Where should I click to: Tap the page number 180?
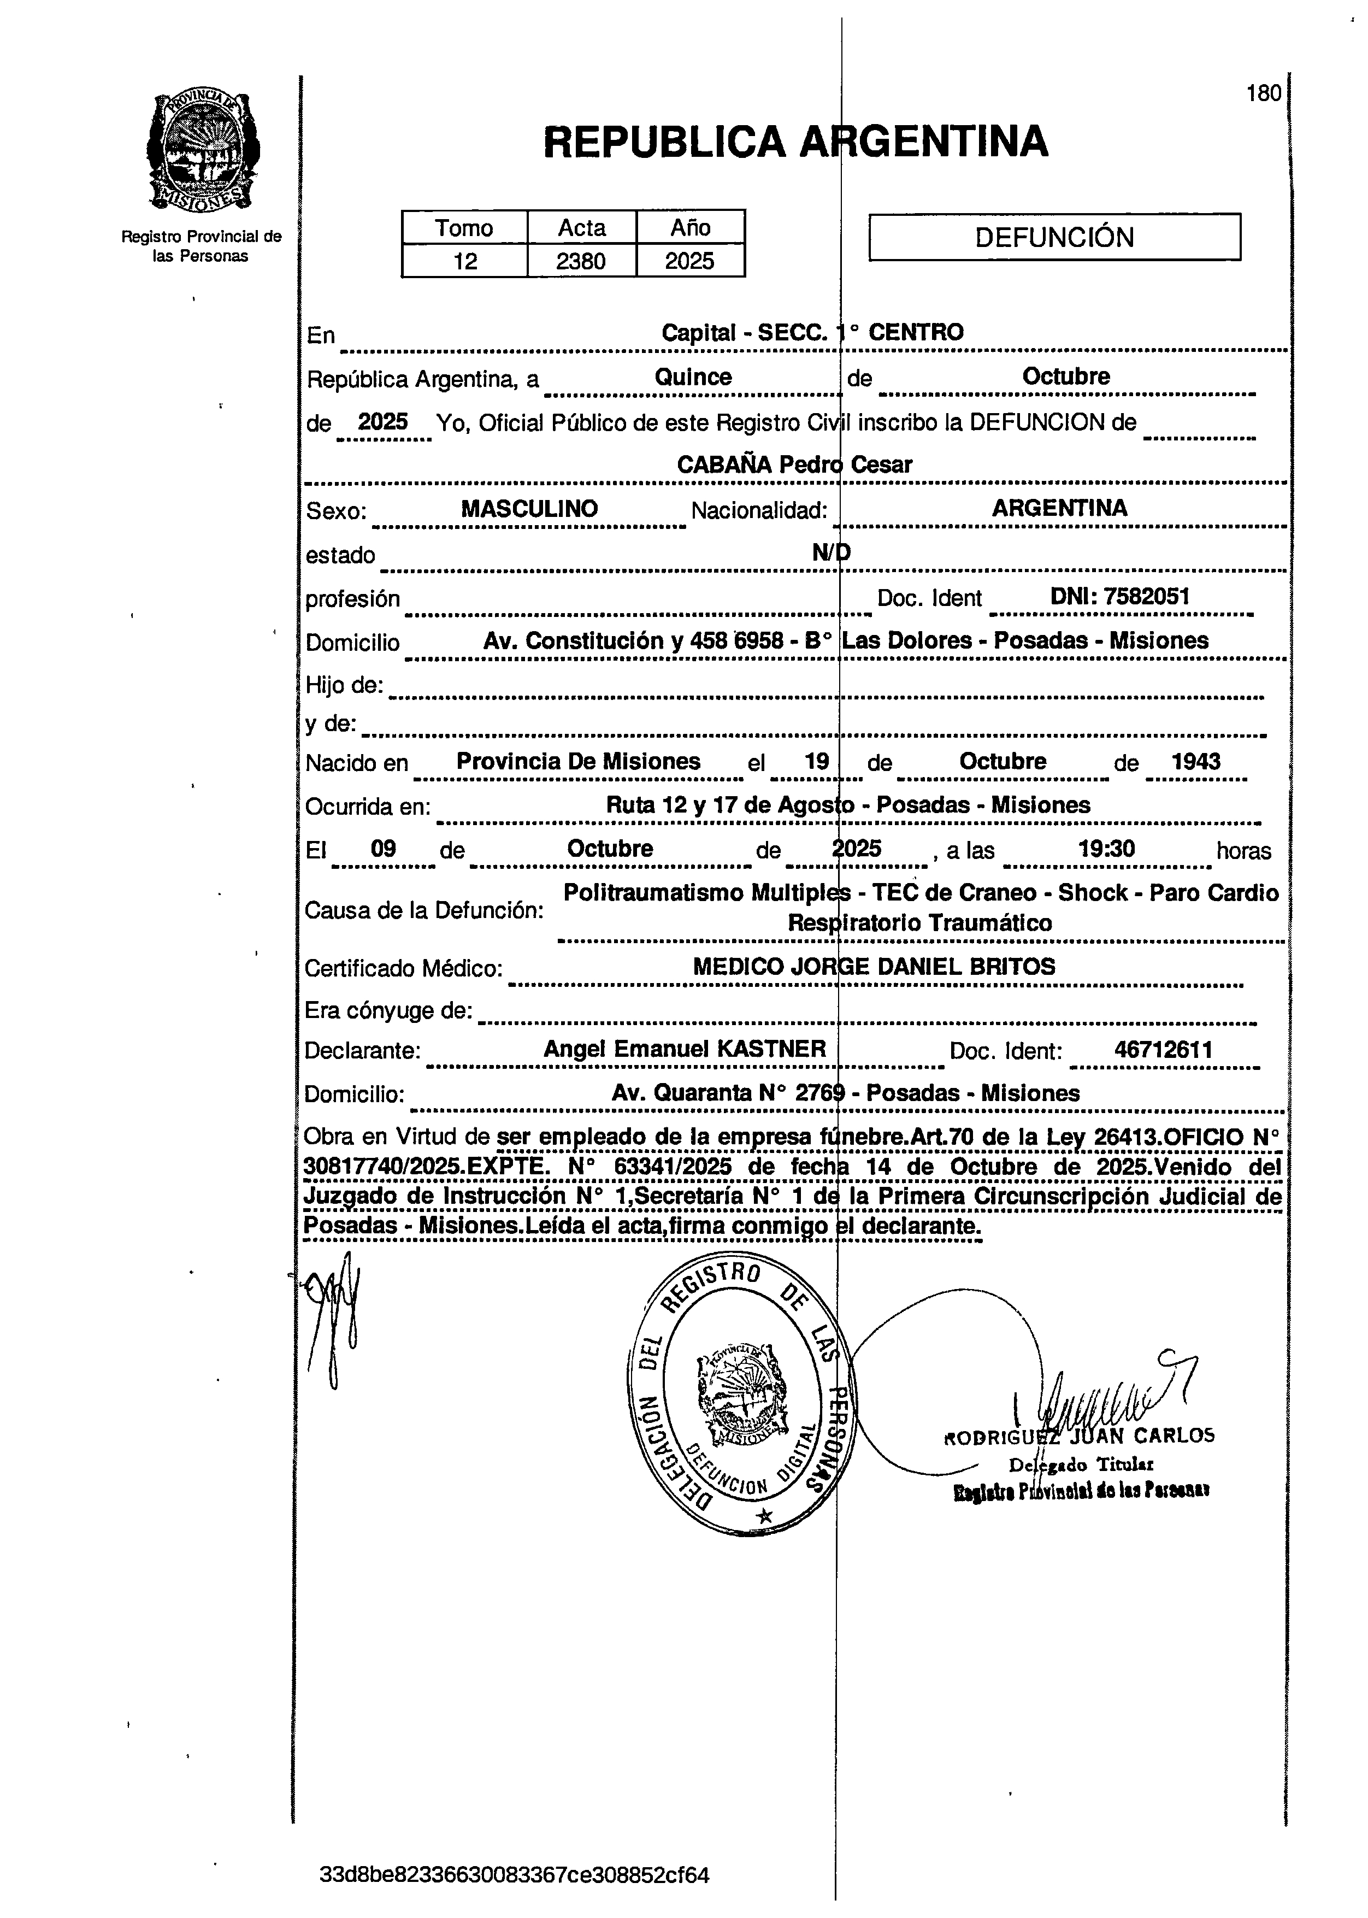click(1264, 93)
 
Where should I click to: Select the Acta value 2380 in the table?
click(581, 261)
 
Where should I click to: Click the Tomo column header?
click(464, 227)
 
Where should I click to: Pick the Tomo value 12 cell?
click(464, 261)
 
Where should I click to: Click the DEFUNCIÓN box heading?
click(1054, 237)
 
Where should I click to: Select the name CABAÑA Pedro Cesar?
click(794, 464)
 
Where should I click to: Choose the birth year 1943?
click(1196, 762)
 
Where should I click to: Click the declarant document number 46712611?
click(1163, 1050)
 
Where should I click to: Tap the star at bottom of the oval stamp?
click(764, 1516)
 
